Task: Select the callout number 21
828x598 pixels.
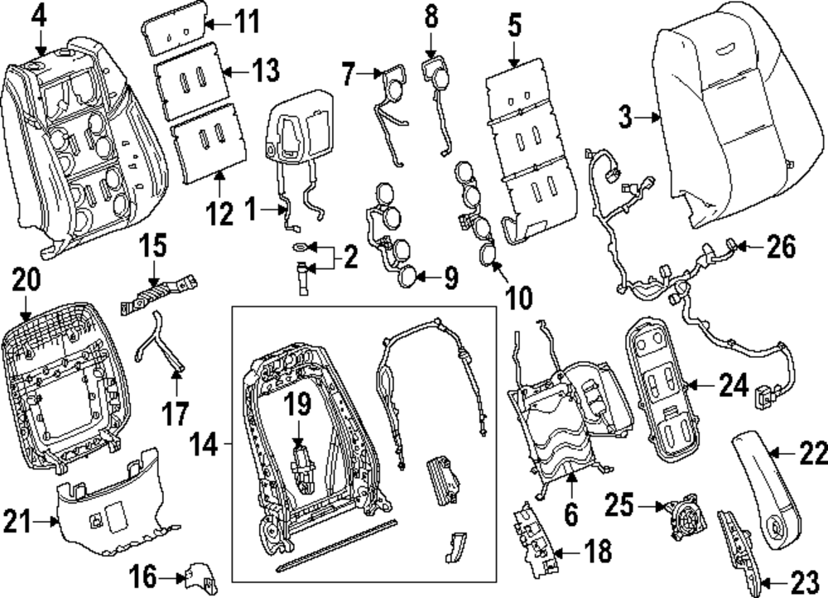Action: tap(17, 522)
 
